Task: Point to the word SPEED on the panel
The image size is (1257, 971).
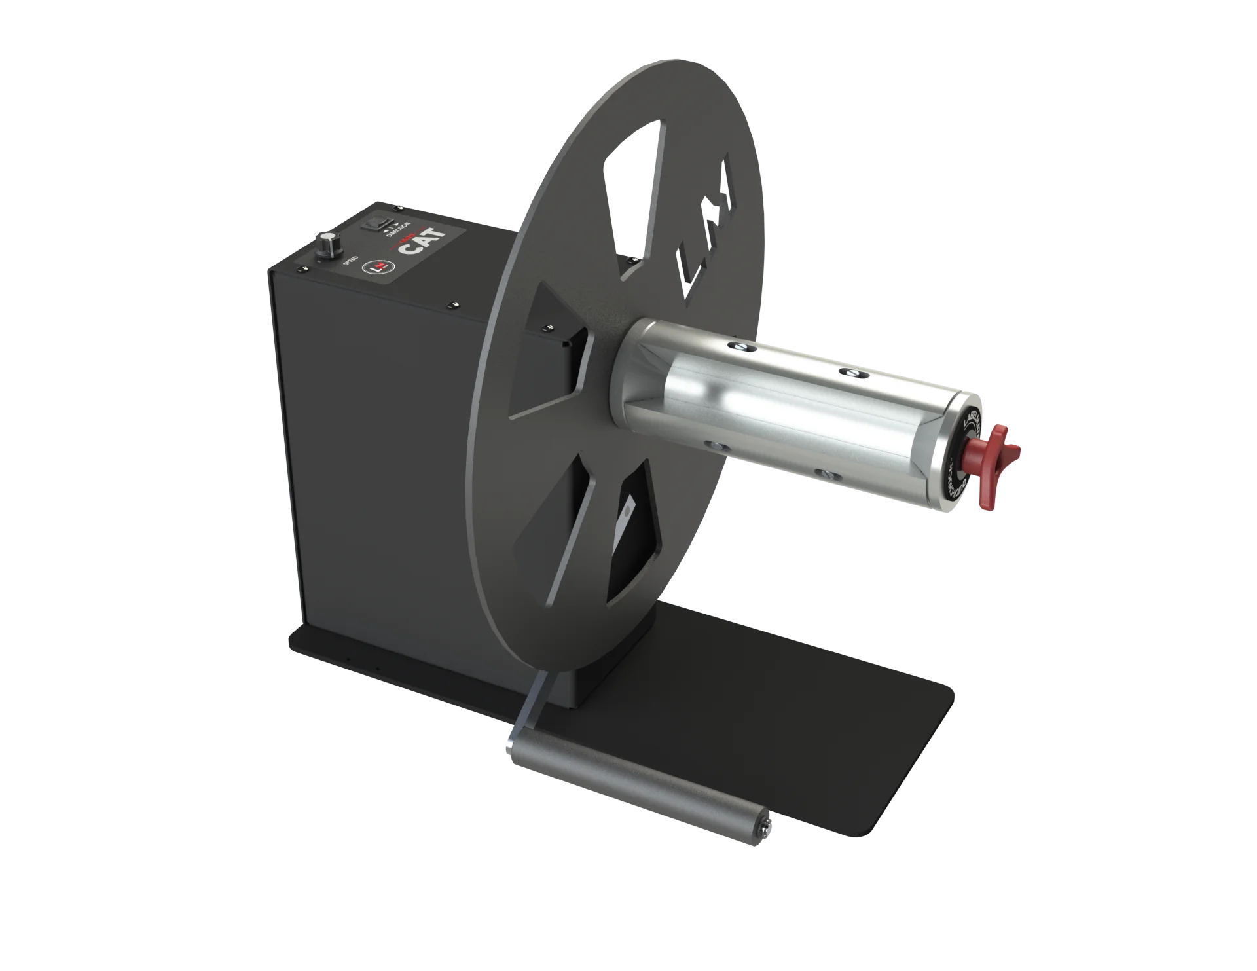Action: pyautogui.click(x=350, y=261)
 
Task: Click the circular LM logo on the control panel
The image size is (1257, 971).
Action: pyautogui.click(x=378, y=266)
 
